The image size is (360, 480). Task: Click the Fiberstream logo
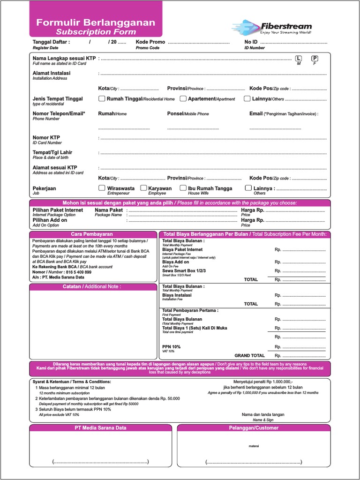(271, 27)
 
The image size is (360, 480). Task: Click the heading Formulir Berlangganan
(96, 22)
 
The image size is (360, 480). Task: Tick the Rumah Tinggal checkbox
(102, 99)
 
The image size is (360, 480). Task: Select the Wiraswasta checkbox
(102, 188)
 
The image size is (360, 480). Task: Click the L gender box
(298, 59)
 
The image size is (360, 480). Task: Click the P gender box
(315, 59)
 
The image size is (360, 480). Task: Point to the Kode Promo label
(150, 42)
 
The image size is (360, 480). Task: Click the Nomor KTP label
(46, 137)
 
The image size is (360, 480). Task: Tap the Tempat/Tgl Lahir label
(52, 152)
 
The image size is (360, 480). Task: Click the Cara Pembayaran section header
(92, 234)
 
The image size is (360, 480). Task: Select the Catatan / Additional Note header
(92, 286)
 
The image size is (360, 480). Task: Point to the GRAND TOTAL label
(249, 356)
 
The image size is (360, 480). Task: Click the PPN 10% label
(171, 347)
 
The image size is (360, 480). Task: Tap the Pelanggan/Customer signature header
(254, 428)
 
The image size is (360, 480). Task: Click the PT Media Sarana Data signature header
(100, 428)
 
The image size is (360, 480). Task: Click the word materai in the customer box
(254, 446)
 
